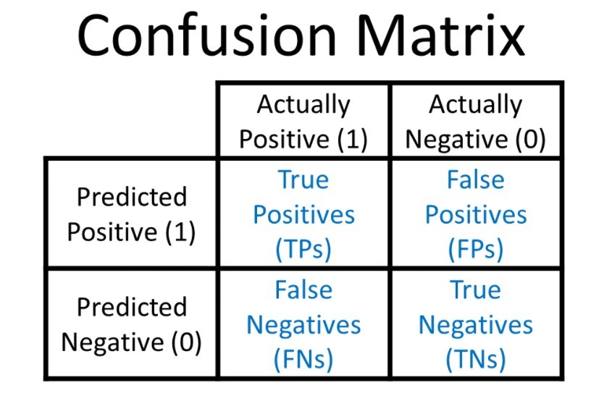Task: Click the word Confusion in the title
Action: [207, 35]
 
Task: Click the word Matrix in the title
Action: [440, 35]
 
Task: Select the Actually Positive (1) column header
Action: [303, 122]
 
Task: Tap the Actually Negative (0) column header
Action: [476, 122]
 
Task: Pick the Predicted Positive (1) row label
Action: [132, 214]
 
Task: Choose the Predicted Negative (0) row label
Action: [132, 325]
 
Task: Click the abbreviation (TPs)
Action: [303, 249]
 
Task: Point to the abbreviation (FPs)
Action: [476, 249]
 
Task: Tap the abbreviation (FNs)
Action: [303, 360]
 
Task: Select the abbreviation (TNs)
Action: [476, 360]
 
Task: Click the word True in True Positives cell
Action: [303, 179]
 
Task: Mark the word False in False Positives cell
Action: [476, 179]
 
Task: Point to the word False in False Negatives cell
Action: [303, 290]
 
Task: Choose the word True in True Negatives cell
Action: [476, 290]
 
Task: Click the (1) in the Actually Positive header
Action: [353, 139]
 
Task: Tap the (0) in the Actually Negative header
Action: [530, 139]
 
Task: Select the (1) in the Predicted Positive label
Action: [180, 232]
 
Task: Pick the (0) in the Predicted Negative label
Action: [186, 342]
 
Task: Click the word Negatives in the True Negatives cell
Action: [476, 325]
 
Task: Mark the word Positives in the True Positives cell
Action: [303, 214]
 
